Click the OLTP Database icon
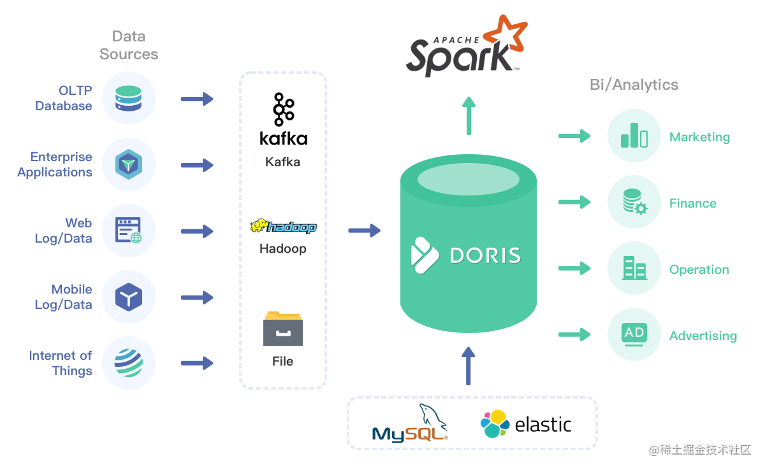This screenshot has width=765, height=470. click(x=128, y=99)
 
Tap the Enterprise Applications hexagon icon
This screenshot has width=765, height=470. click(x=128, y=164)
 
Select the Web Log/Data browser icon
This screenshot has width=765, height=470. click(x=128, y=231)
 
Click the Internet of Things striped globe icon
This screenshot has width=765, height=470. click(x=129, y=363)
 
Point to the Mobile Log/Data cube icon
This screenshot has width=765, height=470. click(x=128, y=297)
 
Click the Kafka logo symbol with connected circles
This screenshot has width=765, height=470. click(x=284, y=110)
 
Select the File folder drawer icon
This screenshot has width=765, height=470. click(x=283, y=329)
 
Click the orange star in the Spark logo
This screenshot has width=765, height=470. click(x=506, y=34)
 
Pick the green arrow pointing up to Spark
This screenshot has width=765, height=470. click(x=469, y=116)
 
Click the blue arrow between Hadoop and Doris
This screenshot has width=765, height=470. click(x=365, y=231)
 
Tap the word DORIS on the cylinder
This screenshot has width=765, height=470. click(x=485, y=255)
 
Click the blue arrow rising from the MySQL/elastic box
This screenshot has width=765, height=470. click(x=468, y=366)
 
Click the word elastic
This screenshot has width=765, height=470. click(x=543, y=425)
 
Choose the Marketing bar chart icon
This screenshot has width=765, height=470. click(x=634, y=136)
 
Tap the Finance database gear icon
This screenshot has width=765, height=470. click(x=634, y=202)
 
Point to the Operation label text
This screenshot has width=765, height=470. click(x=699, y=269)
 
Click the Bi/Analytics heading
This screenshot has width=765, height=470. click(x=634, y=85)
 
